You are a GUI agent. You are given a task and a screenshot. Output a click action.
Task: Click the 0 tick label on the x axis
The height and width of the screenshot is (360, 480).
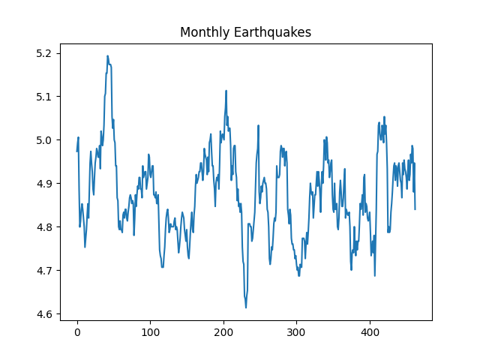(77, 332)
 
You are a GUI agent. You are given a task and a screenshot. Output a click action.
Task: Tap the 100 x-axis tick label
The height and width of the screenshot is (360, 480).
(150, 332)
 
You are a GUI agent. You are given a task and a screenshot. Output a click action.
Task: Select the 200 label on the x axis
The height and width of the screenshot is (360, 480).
(223, 332)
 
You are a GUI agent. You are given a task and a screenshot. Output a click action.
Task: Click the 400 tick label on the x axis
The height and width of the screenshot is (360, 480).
(370, 332)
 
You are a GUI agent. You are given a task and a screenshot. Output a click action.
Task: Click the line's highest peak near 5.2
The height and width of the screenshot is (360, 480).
(107, 56)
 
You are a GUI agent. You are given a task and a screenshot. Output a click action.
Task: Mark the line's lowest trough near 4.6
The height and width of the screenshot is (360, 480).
(245, 307)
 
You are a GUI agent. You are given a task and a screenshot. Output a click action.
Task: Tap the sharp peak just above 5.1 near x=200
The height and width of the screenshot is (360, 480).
(226, 91)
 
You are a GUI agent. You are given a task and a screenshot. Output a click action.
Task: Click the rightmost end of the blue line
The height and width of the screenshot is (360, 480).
(415, 208)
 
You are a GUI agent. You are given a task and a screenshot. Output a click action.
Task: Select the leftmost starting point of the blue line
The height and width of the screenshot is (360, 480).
(77, 151)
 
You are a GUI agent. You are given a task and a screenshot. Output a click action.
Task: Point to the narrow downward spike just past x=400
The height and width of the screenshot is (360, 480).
(374, 275)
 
